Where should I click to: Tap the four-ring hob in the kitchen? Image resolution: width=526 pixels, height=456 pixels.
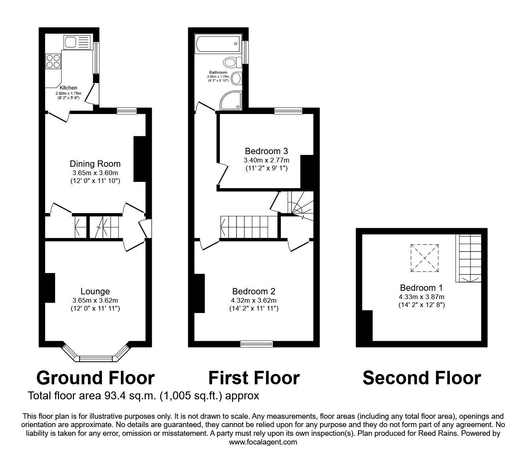tap(53, 61)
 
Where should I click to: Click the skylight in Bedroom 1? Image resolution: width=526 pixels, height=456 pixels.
tap(424, 258)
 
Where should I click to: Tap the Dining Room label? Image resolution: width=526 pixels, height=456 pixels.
tap(95, 164)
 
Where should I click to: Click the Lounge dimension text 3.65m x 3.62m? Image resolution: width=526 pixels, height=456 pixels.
tap(95, 300)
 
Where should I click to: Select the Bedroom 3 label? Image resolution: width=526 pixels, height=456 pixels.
tap(266, 151)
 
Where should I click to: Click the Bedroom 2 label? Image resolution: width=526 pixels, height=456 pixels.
tap(253, 291)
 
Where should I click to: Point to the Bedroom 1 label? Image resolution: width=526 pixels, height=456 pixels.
tap(421, 288)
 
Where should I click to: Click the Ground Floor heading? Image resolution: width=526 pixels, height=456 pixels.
tap(95, 378)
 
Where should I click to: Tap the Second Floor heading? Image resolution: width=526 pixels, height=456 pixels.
tap(421, 378)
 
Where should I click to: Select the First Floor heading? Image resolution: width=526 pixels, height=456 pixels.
tap(254, 378)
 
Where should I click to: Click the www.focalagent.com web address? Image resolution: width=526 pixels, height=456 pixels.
tap(263, 442)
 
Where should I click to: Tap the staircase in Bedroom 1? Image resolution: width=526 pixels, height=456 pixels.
tap(470, 258)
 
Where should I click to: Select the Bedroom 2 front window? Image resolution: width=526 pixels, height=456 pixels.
tap(257, 344)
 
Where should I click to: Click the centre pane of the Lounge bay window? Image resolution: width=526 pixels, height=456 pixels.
tap(96, 359)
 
